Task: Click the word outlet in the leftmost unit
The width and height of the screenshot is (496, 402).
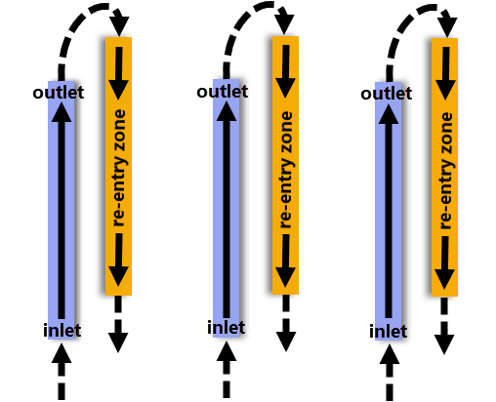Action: (59, 93)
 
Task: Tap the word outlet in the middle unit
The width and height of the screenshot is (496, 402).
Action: (223, 92)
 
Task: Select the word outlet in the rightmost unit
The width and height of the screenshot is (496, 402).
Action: (387, 94)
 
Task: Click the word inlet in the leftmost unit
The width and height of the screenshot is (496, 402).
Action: (62, 331)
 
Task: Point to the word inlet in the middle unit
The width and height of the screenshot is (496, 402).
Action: (227, 327)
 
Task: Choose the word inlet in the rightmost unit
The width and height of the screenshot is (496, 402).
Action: (388, 332)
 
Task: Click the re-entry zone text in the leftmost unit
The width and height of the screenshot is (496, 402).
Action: (118, 168)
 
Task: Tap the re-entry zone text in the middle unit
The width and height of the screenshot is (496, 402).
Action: (286, 170)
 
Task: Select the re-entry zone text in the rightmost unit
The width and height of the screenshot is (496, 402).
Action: (446, 171)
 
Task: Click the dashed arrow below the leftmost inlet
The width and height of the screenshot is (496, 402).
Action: (62, 372)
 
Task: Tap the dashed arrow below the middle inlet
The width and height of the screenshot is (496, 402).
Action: (227, 370)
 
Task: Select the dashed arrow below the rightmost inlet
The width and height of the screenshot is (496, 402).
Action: (390, 373)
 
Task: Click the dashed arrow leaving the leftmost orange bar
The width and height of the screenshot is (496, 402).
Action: (118, 324)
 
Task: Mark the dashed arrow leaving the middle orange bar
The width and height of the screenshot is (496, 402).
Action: (286, 323)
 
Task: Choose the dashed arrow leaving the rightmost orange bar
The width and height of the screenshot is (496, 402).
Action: (444, 326)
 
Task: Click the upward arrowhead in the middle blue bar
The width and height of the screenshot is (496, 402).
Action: (227, 111)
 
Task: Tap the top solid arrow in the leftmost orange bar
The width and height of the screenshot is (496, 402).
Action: (118, 73)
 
